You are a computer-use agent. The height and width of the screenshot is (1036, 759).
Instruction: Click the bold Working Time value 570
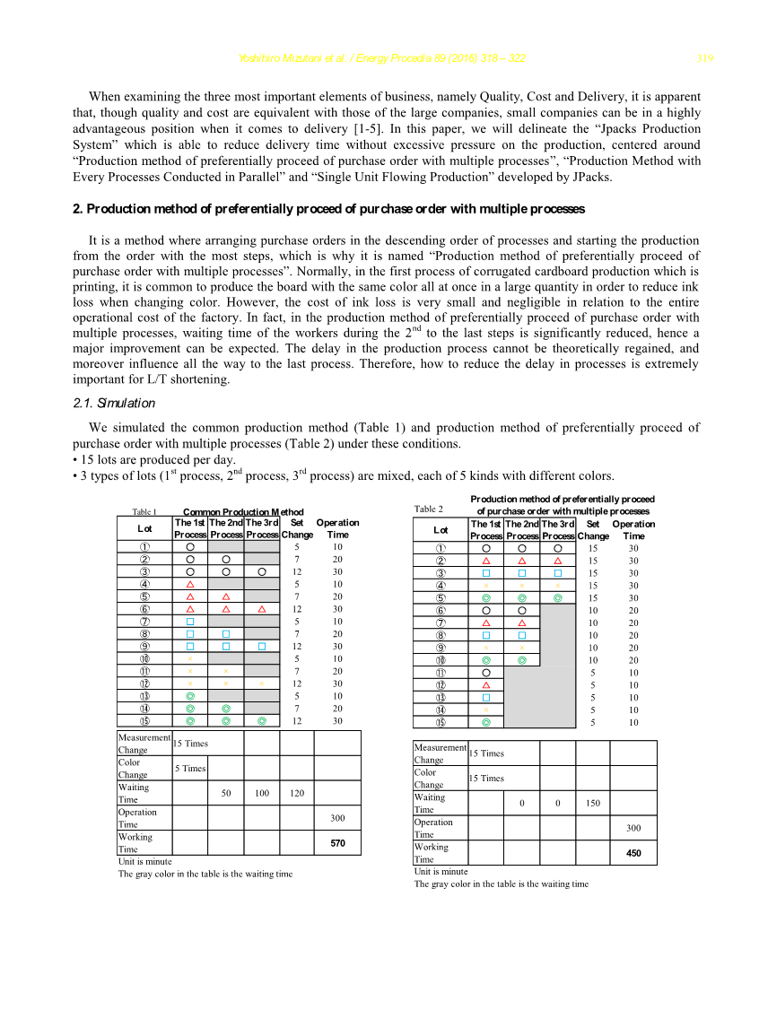click(x=337, y=843)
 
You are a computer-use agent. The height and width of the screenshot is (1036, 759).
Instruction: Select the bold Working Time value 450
click(x=633, y=853)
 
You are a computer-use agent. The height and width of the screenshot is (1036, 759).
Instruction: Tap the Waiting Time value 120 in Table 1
click(x=297, y=793)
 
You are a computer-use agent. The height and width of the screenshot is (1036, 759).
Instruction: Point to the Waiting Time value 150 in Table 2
click(x=593, y=803)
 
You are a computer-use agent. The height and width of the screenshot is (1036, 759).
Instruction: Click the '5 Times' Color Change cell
click(x=189, y=768)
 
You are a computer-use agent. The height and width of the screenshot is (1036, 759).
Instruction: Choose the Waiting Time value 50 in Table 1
click(x=226, y=793)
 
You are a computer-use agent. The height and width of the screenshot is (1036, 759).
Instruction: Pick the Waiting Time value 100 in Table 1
click(x=262, y=793)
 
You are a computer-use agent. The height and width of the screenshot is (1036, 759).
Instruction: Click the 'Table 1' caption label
click(x=144, y=512)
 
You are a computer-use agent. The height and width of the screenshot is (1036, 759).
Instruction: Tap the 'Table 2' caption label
click(x=429, y=509)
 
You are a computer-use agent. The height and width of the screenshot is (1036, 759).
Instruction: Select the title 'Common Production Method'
click(x=243, y=512)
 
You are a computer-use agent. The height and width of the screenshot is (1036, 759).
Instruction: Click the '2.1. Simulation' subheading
click(x=114, y=403)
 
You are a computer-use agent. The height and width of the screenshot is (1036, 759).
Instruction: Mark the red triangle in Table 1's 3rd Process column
click(x=262, y=608)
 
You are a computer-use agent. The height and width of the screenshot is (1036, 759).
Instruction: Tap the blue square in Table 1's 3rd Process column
click(x=262, y=646)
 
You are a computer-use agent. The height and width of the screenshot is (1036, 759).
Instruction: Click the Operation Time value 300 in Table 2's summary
click(x=633, y=828)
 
